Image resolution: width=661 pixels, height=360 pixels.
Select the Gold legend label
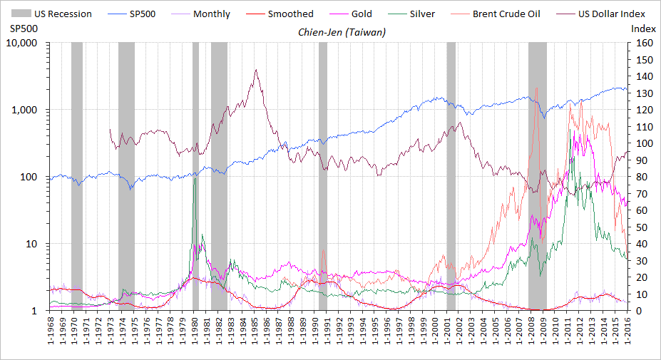click(362, 14)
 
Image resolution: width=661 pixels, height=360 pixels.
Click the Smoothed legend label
click(290, 14)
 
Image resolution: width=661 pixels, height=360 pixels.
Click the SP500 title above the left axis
click(23, 29)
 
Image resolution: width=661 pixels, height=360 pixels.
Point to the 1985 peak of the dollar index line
click(255, 70)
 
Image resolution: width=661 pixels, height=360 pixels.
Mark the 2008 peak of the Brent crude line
click(536, 88)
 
